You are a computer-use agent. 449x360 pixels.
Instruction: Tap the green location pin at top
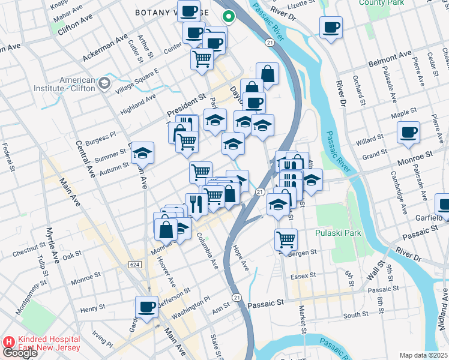[x=228, y=17]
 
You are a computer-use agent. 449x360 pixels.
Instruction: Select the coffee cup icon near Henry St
[x=146, y=307]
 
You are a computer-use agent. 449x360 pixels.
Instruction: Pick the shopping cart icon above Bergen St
[x=286, y=239]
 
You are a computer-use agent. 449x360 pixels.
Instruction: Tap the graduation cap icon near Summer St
[x=143, y=153]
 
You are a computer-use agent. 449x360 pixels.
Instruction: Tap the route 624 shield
[x=134, y=264]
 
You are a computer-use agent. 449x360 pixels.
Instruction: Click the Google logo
[x=20, y=353]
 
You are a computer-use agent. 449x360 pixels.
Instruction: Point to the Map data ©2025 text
[x=423, y=355]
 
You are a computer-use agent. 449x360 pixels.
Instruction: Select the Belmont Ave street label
[x=390, y=58]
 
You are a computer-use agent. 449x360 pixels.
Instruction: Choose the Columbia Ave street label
[x=207, y=251]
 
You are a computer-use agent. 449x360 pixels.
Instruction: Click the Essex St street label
[x=303, y=275]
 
